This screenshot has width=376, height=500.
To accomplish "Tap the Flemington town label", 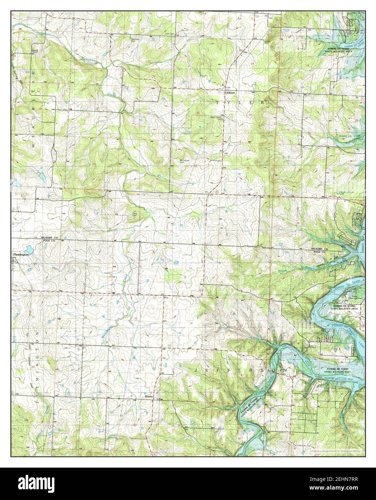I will (x=21, y=255).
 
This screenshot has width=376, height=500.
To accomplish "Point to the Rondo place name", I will (x=149, y=396).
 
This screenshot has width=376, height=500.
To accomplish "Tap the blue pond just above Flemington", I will (x=27, y=249).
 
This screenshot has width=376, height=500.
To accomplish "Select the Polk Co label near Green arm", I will (x=320, y=252).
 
